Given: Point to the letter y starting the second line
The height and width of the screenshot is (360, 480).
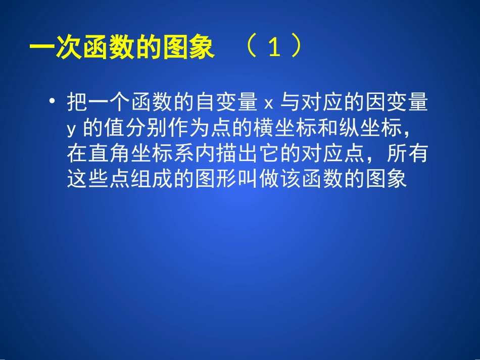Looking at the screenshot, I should click(x=71, y=130).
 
